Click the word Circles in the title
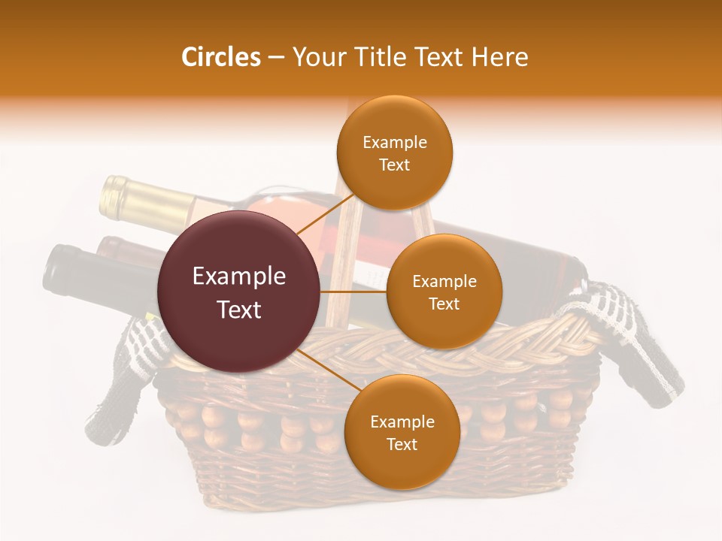[x=220, y=57]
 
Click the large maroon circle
[x=239, y=292]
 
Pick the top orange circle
[x=394, y=153]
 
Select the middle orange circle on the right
[x=444, y=292]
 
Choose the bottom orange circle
[x=402, y=433]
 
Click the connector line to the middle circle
[x=353, y=292]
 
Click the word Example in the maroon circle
[x=239, y=277]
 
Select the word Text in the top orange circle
[x=394, y=165]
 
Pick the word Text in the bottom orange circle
[x=402, y=444]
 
